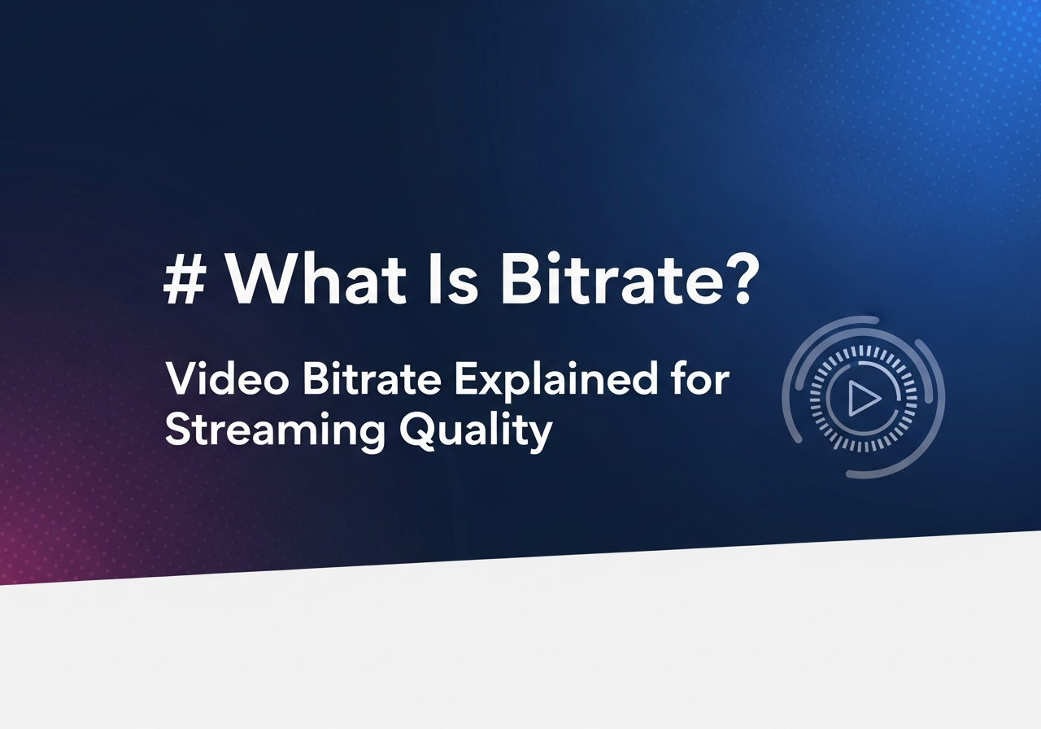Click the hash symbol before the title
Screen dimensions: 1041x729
185,279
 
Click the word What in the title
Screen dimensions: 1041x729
316,278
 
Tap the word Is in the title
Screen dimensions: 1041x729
453,279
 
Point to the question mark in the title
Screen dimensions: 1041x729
743,278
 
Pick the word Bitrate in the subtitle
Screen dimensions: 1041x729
372,378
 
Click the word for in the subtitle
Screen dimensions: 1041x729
700,378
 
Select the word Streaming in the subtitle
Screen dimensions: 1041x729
275,430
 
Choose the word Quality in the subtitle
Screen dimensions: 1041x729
476,431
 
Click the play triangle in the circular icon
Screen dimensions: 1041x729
864,398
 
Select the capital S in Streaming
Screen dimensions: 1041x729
179,429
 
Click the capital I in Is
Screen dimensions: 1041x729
434,279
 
